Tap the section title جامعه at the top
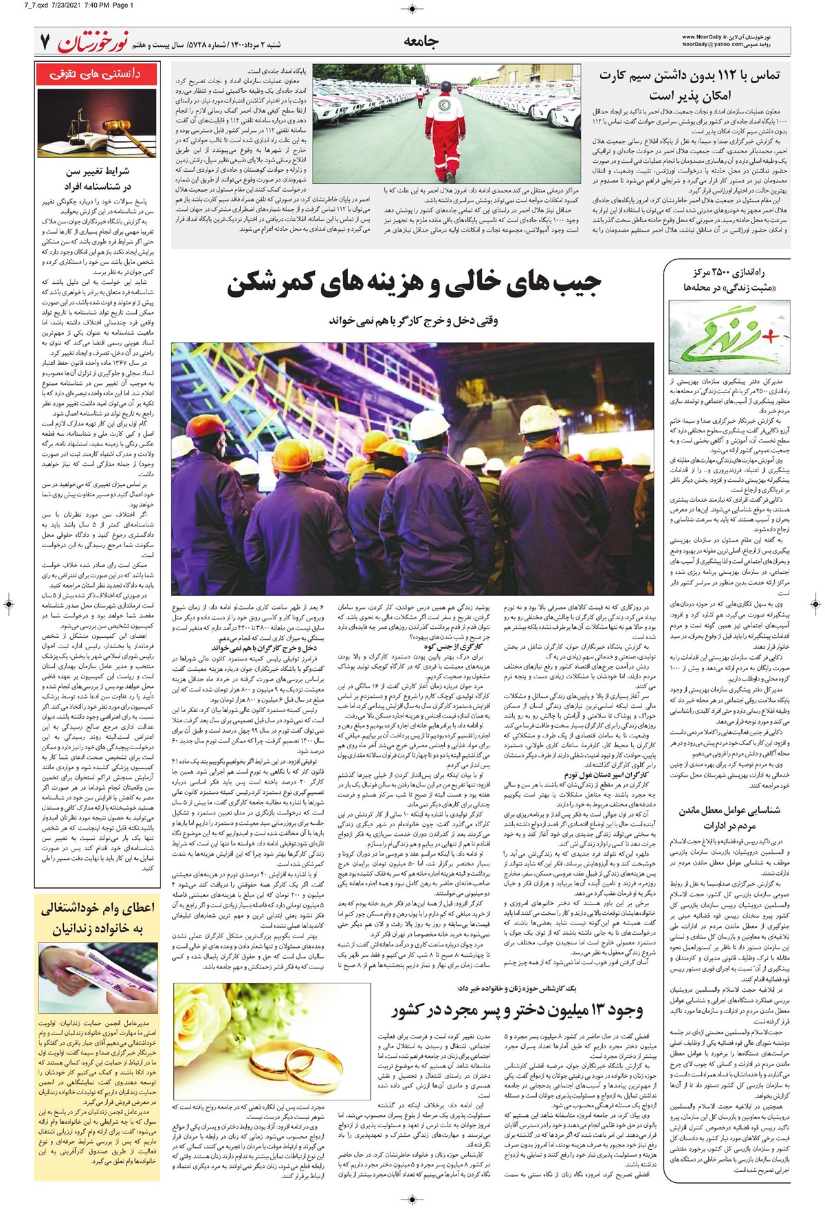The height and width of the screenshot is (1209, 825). coord(421,42)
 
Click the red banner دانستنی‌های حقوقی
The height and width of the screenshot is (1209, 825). coord(97,74)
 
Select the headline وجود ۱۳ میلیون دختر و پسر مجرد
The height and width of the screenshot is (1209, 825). coord(517,1009)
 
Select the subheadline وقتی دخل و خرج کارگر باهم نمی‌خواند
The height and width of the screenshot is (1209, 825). coord(414,320)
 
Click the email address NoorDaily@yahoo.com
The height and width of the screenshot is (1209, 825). coord(712,45)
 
